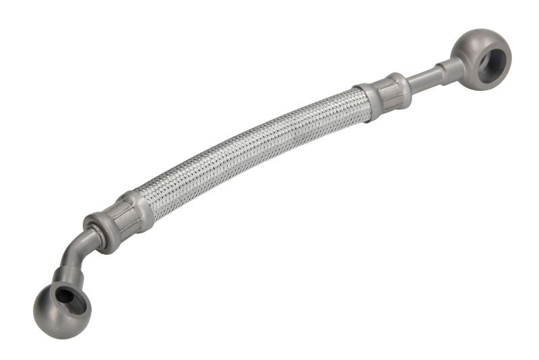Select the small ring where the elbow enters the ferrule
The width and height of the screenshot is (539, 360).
(90, 236)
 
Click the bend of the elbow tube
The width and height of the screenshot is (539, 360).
(72, 253)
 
